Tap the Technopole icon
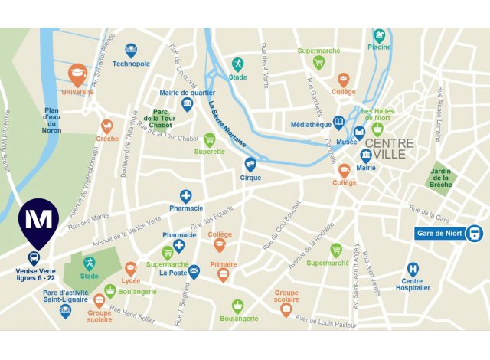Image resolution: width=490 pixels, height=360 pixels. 131,50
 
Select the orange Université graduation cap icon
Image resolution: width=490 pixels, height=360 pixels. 77,74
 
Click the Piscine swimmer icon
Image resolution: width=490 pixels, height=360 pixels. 379,35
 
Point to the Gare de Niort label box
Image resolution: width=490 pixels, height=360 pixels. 441,234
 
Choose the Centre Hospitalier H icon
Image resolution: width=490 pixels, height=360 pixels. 413,270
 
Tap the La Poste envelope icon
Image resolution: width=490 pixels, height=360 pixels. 194,270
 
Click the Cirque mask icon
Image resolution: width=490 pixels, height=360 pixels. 250,164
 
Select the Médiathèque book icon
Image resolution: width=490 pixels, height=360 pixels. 339,123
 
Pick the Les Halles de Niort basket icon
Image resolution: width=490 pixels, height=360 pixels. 377,129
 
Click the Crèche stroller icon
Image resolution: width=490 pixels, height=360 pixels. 107,126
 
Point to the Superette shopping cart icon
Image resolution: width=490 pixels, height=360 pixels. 209,139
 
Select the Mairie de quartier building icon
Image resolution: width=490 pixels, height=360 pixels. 187,104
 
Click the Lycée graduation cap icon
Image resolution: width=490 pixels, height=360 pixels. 131,269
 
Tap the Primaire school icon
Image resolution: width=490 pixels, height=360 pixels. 223,273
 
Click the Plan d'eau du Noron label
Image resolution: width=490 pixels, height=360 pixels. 51,120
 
